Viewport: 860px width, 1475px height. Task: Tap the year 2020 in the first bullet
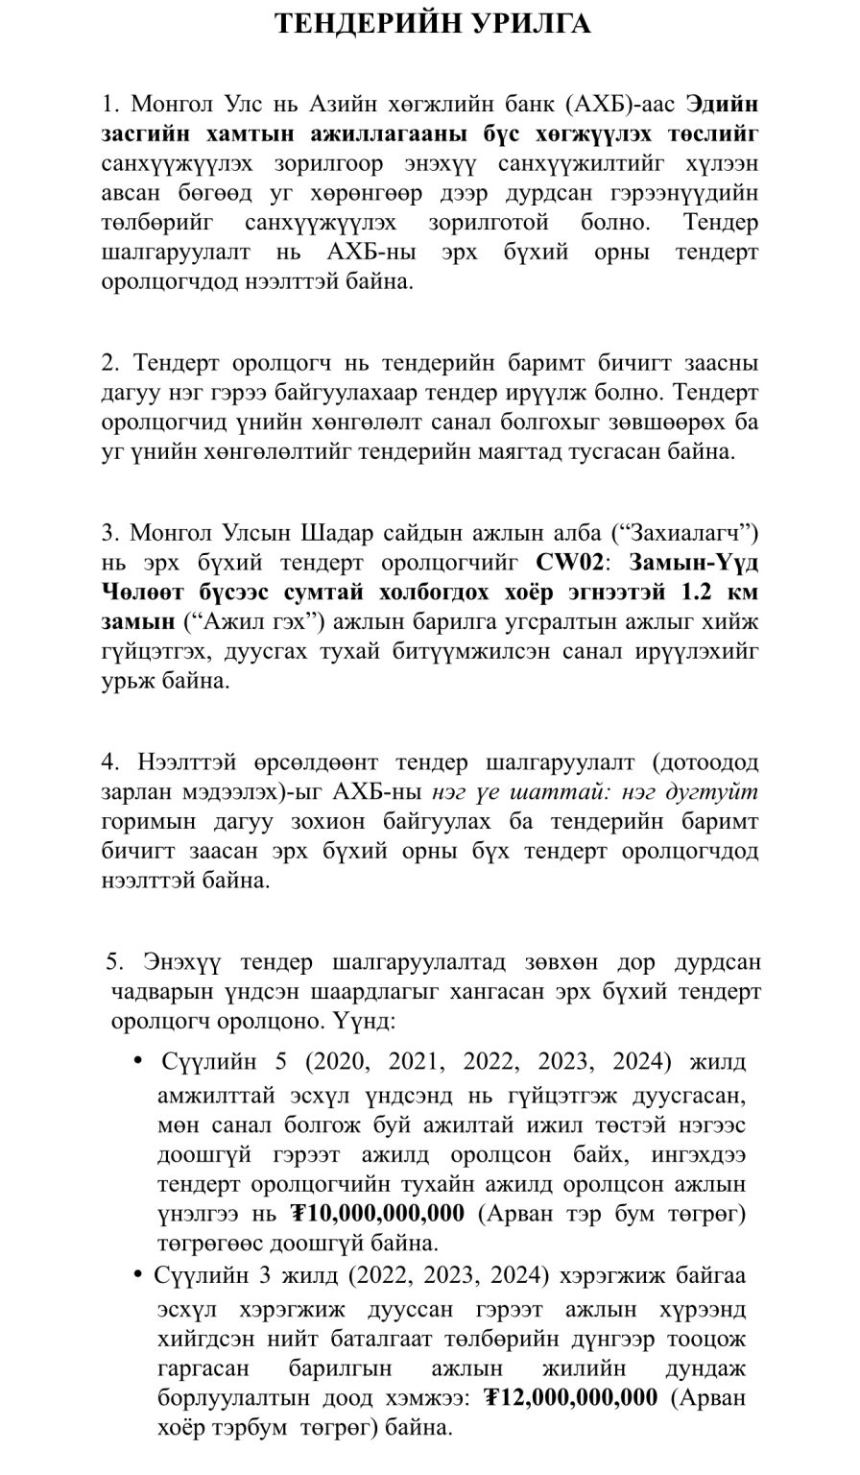pos(322,1061)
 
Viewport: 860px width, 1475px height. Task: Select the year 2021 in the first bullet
pos(408,1061)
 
